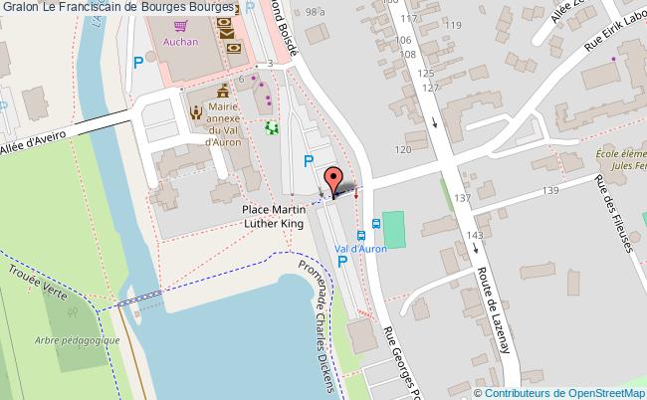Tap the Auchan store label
tap(182, 43)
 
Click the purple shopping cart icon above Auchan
tap(181, 27)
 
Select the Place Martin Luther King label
tap(287, 217)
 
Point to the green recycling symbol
tap(272, 127)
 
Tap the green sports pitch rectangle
tap(395, 230)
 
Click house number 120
tap(402, 149)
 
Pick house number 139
tap(549, 189)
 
